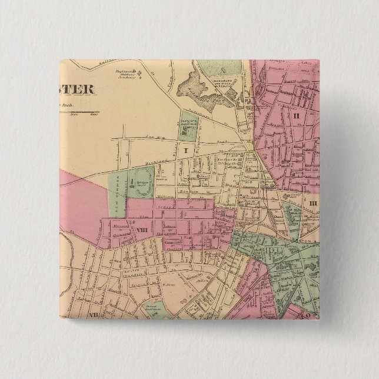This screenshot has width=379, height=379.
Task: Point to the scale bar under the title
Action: (79, 113)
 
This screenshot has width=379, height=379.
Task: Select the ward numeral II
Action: (297, 115)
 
